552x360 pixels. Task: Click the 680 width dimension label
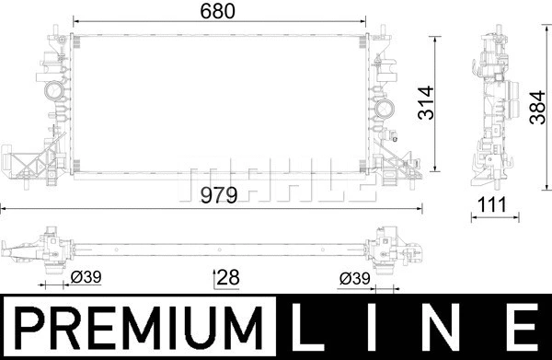point(219,11)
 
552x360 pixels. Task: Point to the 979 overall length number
point(219,195)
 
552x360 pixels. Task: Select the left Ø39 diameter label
point(84,277)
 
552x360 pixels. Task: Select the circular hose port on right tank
point(381,114)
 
